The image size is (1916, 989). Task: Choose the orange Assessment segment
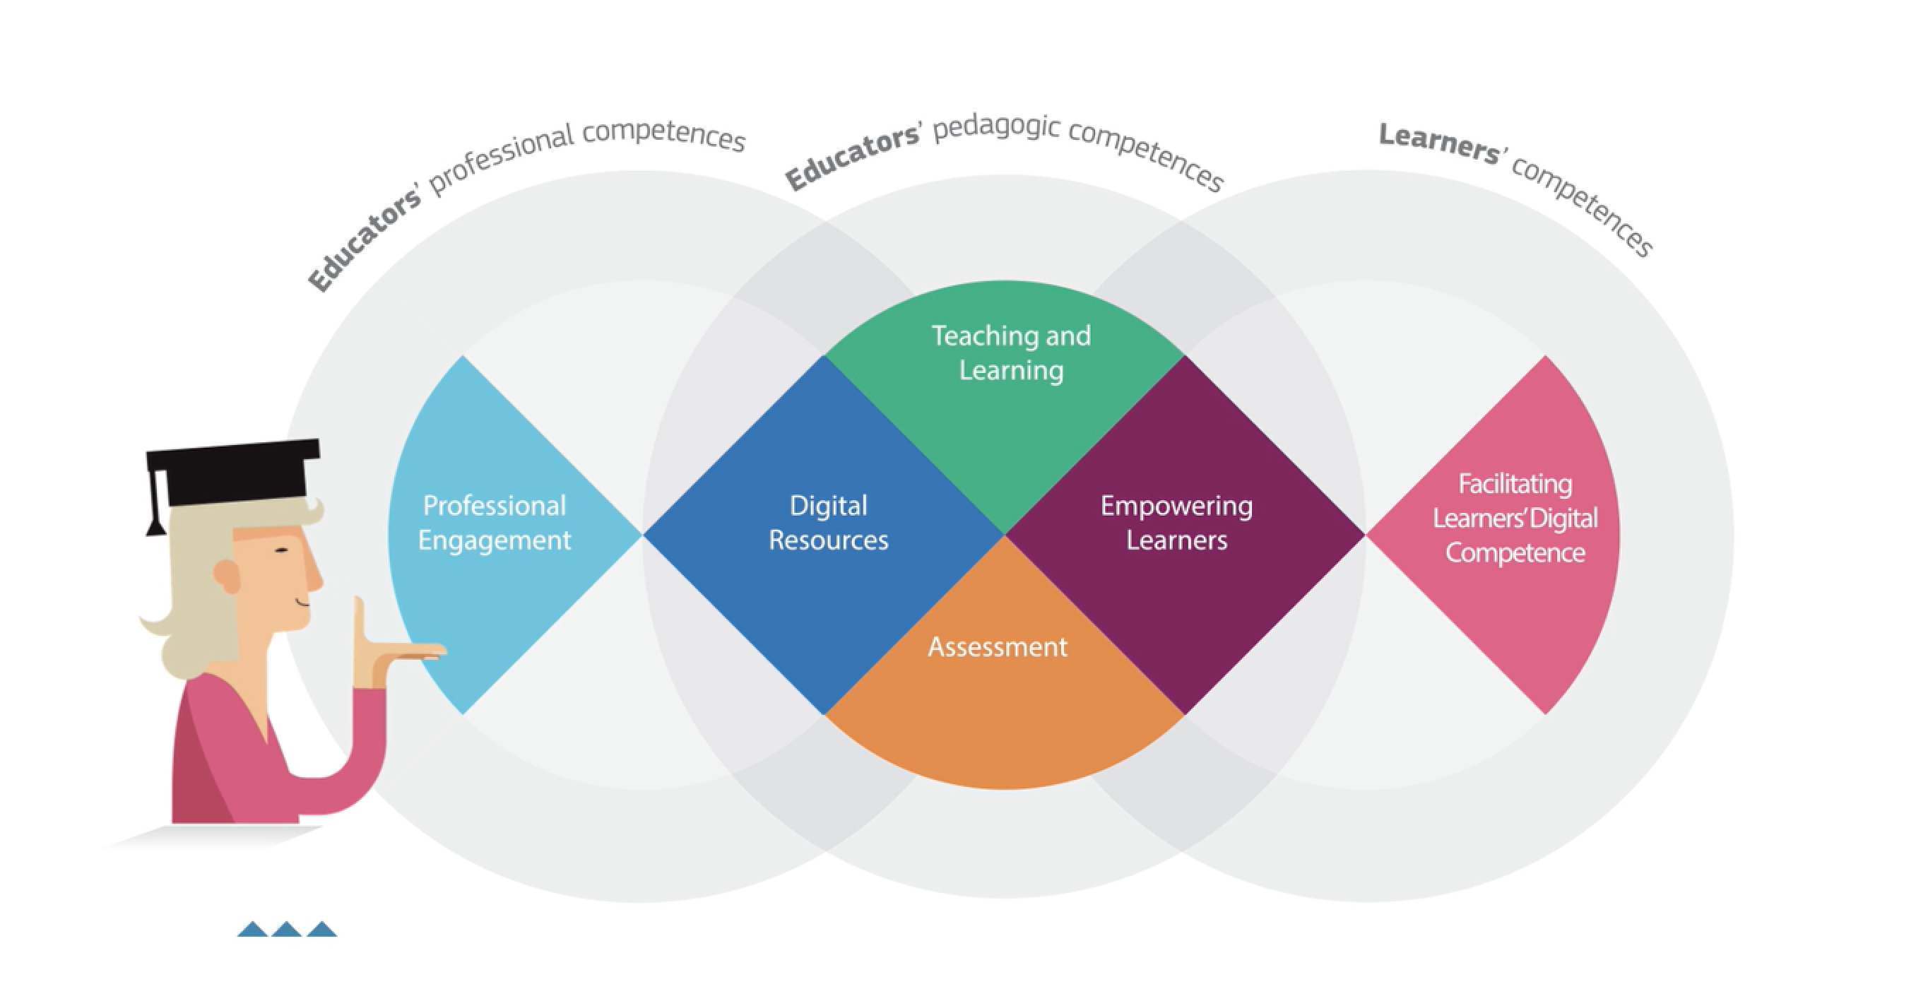coord(1004,714)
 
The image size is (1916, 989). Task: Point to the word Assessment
coord(998,647)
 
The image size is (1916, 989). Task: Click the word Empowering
coord(1176,507)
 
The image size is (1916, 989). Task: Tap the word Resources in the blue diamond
coord(828,540)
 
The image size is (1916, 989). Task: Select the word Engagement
coord(495,540)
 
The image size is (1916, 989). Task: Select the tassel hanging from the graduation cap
coord(157,506)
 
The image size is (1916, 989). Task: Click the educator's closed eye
coord(282,550)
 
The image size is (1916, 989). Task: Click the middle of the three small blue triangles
coord(287,929)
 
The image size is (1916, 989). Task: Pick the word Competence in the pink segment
coord(1514,552)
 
